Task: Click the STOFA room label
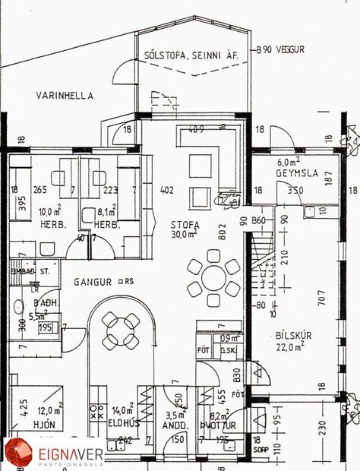[x=185, y=225]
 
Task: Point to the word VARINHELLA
[x=65, y=96]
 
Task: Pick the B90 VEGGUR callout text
[x=280, y=49]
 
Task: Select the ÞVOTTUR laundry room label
[x=216, y=425]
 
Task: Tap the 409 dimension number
[x=197, y=128]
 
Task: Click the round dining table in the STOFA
[x=213, y=277]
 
